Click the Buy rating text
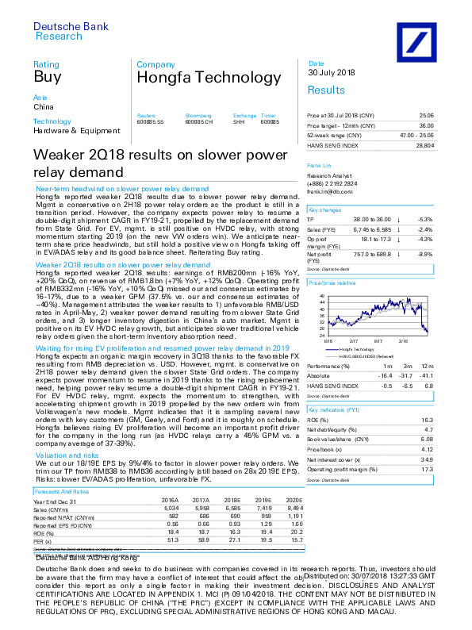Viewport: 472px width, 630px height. pos(43,77)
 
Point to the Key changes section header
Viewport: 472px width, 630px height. pos(324,209)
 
